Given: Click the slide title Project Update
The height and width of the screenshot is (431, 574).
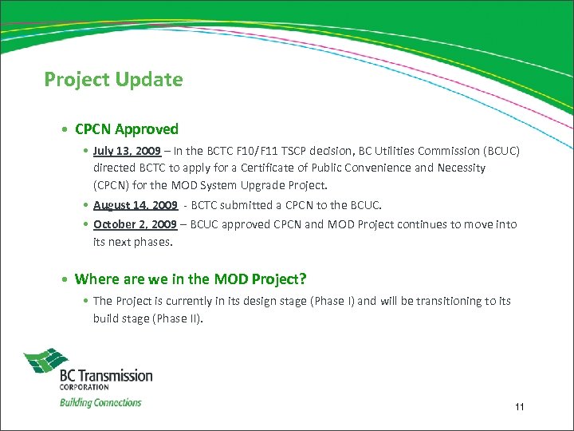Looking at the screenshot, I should tap(113, 80).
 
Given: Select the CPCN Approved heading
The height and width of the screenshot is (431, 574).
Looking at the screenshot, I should tap(126, 129).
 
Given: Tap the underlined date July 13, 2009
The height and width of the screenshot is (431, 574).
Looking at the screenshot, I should tap(127, 151).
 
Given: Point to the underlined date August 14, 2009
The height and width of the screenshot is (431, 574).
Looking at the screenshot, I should tap(135, 205).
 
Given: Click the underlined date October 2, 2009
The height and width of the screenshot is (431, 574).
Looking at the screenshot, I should tap(135, 224).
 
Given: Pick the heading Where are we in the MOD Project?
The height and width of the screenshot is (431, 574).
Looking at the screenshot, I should tap(190, 279).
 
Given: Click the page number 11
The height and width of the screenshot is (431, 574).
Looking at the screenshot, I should tap(519, 408).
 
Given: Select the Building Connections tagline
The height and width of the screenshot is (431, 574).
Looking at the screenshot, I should tap(100, 402).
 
